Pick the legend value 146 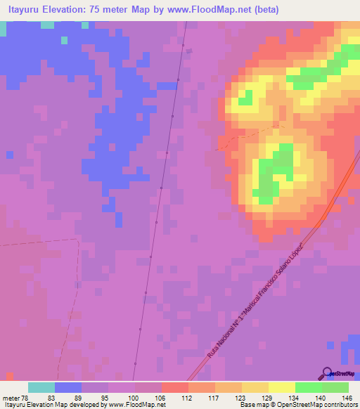point(347,397)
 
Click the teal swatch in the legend point(41,387)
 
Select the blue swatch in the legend point(68,387)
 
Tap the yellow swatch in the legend point(281,387)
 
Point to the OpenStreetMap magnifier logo point(326,373)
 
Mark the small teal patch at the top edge point(46,25)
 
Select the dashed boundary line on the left point(42,242)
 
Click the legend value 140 point(321,397)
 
